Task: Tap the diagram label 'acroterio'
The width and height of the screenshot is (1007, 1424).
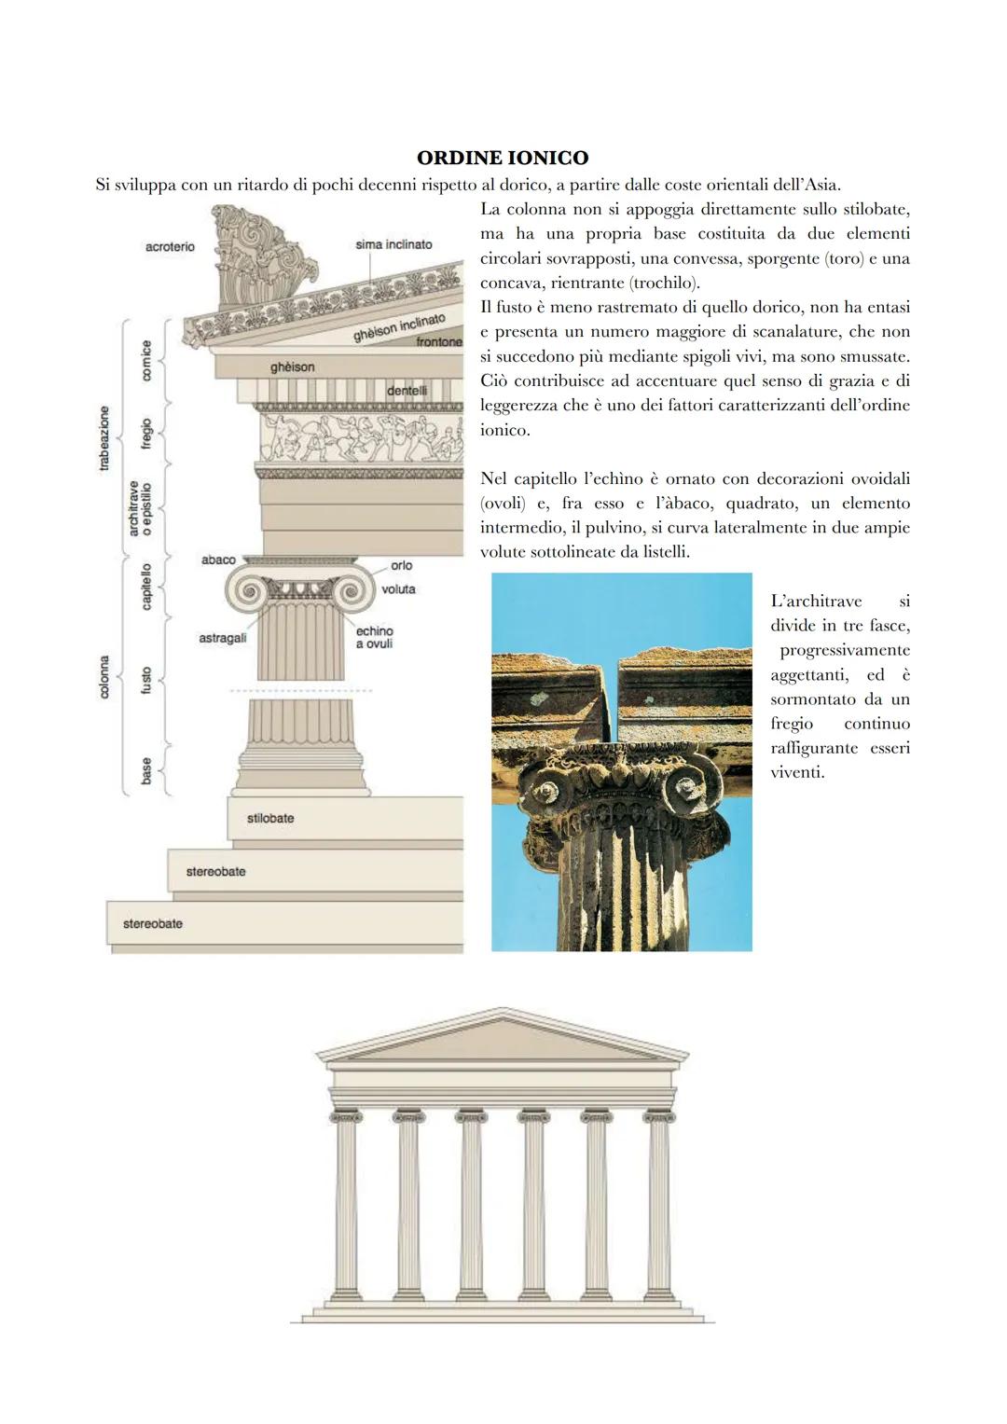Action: click(x=170, y=246)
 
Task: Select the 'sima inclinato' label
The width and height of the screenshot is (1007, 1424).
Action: click(x=393, y=244)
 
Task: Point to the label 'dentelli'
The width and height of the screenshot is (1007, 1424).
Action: click(x=407, y=391)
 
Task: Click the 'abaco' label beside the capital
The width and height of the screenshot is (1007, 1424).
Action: click(x=218, y=560)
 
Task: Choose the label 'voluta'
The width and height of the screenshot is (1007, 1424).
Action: click(x=398, y=589)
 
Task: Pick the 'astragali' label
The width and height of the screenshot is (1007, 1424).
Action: click(x=223, y=638)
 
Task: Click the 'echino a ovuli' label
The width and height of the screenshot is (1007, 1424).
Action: click(x=374, y=638)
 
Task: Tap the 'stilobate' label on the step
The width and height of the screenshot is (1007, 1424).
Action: click(x=270, y=818)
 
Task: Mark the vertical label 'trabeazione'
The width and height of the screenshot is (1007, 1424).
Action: click(x=104, y=437)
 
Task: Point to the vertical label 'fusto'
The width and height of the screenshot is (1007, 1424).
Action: click(x=146, y=680)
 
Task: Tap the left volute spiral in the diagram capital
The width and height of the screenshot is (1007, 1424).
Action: click(x=247, y=589)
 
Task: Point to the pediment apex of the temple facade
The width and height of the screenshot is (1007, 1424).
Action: click(x=503, y=1011)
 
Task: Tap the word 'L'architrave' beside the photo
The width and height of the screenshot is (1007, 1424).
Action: click(x=816, y=601)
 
